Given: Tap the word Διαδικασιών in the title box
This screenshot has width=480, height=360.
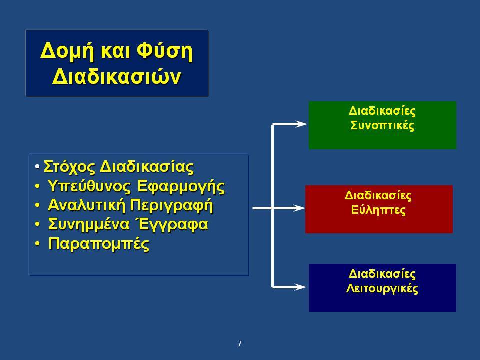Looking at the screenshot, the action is click(x=117, y=76).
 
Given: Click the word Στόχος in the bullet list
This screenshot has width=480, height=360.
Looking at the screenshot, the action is click(x=70, y=167).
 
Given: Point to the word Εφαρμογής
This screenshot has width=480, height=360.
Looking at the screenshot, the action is click(x=181, y=186).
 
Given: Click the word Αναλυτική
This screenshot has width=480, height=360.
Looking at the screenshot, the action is click(x=87, y=205).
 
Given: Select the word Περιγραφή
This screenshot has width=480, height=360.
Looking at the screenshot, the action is click(x=171, y=205).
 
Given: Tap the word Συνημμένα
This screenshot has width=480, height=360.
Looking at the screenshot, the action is click(x=89, y=224).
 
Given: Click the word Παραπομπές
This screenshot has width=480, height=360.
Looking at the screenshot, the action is click(x=99, y=244).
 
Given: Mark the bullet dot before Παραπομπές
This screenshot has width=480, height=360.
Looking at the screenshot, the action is click(x=37, y=244).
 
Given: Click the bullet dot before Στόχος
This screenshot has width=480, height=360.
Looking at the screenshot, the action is click(x=37, y=167).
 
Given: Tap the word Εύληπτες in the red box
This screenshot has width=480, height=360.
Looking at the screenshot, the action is click(x=378, y=210).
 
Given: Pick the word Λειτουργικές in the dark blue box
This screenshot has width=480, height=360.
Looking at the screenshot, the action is click(x=382, y=288).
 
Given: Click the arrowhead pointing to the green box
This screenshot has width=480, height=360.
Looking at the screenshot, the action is click(x=300, y=124).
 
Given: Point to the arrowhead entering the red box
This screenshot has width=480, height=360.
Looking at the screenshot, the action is click(x=298, y=208).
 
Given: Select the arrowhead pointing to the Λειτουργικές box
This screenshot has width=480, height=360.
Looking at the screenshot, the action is click(x=299, y=287).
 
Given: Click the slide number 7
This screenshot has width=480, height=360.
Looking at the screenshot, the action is click(x=240, y=343).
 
